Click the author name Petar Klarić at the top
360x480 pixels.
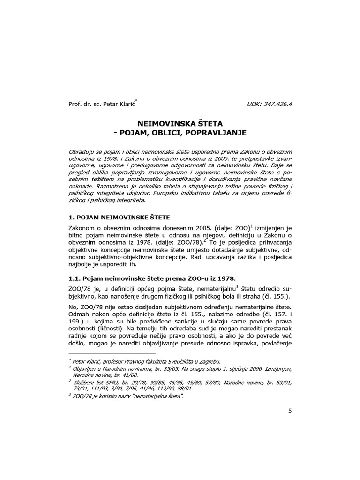coord(120,104)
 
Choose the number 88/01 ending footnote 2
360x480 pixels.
coord(184,389)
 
